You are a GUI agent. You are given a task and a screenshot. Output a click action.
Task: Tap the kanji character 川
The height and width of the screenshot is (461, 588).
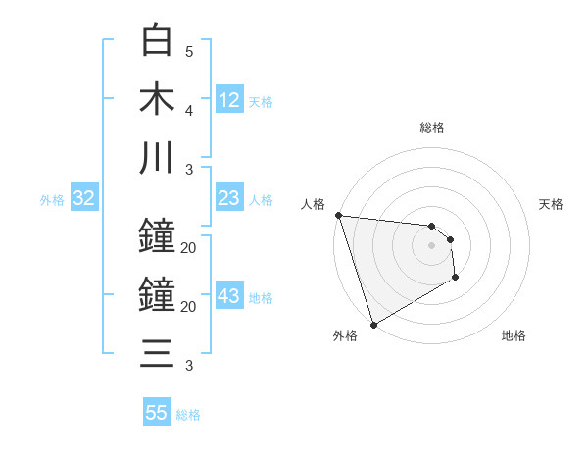pyautogui.click(x=158, y=157)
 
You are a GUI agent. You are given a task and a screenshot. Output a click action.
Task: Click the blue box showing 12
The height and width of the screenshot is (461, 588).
pyautogui.click(x=229, y=99)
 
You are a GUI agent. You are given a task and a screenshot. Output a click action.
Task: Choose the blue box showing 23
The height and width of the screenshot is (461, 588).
pyautogui.click(x=229, y=198)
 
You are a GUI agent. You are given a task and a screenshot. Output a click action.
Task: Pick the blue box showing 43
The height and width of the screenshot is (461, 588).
pyautogui.click(x=229, y=297)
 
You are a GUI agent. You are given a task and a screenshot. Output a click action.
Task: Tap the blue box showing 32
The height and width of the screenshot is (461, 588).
pyautogui.click(x=84, y=198)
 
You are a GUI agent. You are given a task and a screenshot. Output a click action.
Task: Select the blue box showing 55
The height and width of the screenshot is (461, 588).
pyautogui.click(x=157, y=413)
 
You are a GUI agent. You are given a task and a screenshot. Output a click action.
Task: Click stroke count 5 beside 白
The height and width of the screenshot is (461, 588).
pyautogui.click(x=189, y=51)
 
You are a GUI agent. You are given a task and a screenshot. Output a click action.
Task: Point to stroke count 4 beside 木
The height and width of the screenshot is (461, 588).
pyautogui.click(x=189, y=110)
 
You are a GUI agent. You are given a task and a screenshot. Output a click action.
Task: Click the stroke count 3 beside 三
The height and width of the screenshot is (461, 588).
pyautogui.click(x=189, y=366)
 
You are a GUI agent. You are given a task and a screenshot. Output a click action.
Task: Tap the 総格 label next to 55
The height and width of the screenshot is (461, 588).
pyautogui.click(x=188, y=415)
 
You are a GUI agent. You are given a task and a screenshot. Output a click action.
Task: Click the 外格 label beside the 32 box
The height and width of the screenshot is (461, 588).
pyautogui.click(x=52, y=200)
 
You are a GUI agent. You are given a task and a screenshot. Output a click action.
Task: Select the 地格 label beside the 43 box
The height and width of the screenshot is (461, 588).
pyautogui.click(x=261, y=298)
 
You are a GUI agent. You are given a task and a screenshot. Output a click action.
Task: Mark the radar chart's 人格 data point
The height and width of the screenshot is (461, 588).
pyautogui.click(x=338, y=215)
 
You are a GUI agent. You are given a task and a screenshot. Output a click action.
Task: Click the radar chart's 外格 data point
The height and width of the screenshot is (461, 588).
pyautogui.click(x=373, y=325)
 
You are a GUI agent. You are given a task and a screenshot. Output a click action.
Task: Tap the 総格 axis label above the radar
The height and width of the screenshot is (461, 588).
pyautogui.click(x=432, y=128)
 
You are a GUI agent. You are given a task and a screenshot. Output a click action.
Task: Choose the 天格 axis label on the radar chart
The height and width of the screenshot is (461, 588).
pyautogui.click(x=552, y=204)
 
